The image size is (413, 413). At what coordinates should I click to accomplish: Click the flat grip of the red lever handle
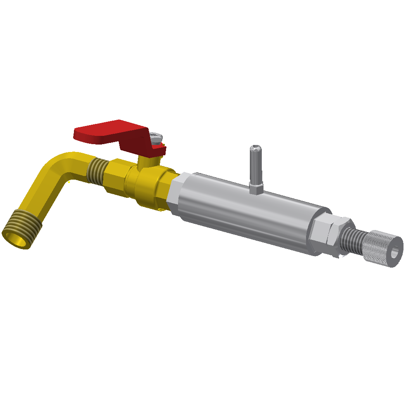click(103, 131)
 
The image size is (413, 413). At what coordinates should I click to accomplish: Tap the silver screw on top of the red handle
click(156, 137)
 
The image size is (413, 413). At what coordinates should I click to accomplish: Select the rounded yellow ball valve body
click(149, 186)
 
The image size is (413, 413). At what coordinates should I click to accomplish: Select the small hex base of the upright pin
click(256, 189)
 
